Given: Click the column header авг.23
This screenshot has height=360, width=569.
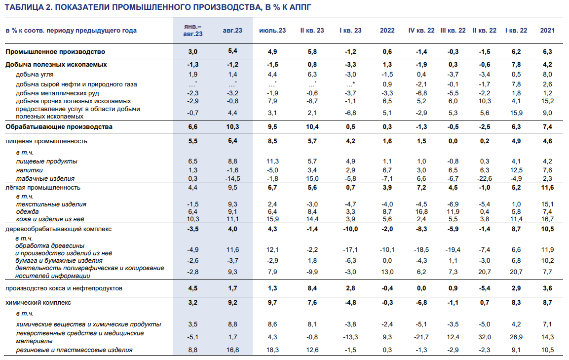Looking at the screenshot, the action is (x=232, y=31).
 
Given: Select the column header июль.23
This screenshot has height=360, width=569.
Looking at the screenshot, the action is (x=272, y=31).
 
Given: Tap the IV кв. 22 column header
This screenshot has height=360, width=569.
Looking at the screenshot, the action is (x=421, y=31).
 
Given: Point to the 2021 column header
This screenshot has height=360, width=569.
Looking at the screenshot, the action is (x=547, y=31).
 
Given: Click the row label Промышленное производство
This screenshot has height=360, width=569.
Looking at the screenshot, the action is (x=55, y=51).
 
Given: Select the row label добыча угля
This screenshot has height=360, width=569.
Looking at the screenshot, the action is (x=35, y=75).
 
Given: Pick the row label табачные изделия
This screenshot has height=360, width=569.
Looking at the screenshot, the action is (x=45, y=179).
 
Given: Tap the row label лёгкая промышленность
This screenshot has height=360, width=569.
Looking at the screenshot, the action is (x=43, y=188).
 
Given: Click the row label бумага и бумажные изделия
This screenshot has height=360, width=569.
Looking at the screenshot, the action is (x=59, y=260).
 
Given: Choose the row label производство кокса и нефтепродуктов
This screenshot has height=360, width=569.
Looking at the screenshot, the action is (x=64, y=288).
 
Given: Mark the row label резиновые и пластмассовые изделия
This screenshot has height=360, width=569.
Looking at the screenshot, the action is (x=74, y=350).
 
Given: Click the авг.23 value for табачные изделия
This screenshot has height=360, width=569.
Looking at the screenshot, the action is (x=232, y=179).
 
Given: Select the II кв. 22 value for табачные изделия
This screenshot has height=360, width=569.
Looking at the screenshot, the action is (x=485, y=179).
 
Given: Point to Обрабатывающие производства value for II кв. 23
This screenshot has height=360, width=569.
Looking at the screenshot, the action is (x=312, y=127).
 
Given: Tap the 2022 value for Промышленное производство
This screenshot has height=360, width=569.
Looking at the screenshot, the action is (x=387, y=51).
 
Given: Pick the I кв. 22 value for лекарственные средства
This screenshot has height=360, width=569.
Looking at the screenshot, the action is (x=516, y=337).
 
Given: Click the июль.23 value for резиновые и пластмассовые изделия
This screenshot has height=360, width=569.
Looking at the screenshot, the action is (x=272, y=350).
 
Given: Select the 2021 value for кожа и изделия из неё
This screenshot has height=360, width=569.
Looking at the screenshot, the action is (x=547, y=219).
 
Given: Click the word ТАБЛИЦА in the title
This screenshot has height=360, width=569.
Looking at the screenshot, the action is (x=24, y=7).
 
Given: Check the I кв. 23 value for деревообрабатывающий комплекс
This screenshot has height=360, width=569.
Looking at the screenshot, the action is (x=350, y=229).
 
